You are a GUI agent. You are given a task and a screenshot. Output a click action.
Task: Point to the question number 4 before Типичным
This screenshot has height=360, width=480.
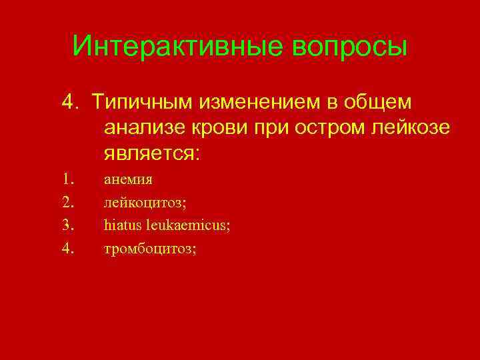coord(69,103)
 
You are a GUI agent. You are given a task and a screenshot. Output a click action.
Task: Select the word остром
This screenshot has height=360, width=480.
coord(330,129)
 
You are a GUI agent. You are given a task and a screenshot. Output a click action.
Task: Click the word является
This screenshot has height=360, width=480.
coord(151,154)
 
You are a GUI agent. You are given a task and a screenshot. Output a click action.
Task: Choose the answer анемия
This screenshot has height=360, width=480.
coord(128,179)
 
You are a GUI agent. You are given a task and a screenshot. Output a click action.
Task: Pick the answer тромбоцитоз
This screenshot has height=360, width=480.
coord(150,249)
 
